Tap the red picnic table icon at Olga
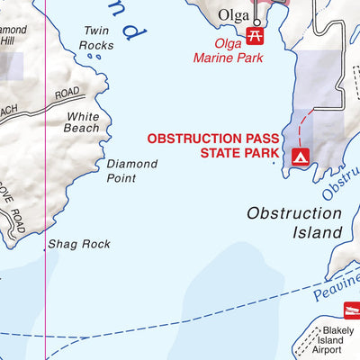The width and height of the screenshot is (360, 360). (x=255, y=35)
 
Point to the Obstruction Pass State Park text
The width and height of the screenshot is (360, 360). (x=215, y=146)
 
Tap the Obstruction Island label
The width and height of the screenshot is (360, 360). (x=294, y=222)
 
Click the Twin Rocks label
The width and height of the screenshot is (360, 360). (x=96, y=37)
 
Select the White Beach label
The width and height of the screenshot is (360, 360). (x=82, y=122)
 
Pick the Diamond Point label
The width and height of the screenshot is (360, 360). (x=131, y=171)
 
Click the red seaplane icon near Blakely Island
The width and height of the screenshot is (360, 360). (x=350, y=311)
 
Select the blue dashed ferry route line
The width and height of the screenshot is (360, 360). (x=180, y=324)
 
